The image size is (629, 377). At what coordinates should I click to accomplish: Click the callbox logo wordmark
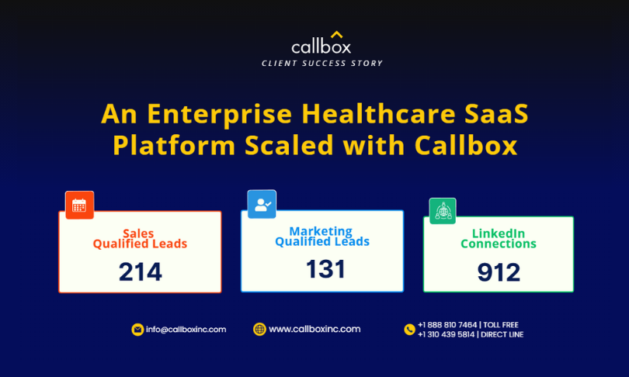(321, 47)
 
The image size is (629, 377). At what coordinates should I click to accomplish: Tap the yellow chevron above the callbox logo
(336, 34)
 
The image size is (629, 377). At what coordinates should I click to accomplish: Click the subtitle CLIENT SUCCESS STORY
(322, 64)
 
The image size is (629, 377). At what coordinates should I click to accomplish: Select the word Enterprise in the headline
(220, 115)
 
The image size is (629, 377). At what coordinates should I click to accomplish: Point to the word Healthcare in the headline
(378, 113)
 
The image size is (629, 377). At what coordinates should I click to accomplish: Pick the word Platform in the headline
(174, 144)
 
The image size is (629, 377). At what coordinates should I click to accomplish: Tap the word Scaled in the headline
(289, 144)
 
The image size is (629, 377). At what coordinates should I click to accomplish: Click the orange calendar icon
(79, 205)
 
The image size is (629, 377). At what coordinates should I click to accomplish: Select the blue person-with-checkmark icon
(262, 204)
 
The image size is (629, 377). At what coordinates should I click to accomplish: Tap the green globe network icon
(443, 211)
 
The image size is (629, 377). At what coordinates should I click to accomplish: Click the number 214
(141, 272)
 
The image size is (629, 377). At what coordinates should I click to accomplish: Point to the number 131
(325, 269)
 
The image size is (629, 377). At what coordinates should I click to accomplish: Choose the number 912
(499, 272)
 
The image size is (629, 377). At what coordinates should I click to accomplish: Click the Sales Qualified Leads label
(140, 239)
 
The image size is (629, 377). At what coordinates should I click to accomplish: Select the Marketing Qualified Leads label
(322, 237)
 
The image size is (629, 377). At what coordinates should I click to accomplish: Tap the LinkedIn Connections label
(499, 239)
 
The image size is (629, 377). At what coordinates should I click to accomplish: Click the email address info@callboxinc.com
(186, 330)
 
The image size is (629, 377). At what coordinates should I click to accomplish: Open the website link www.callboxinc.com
(314, 329)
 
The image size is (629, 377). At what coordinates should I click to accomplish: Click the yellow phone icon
(409, 330)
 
